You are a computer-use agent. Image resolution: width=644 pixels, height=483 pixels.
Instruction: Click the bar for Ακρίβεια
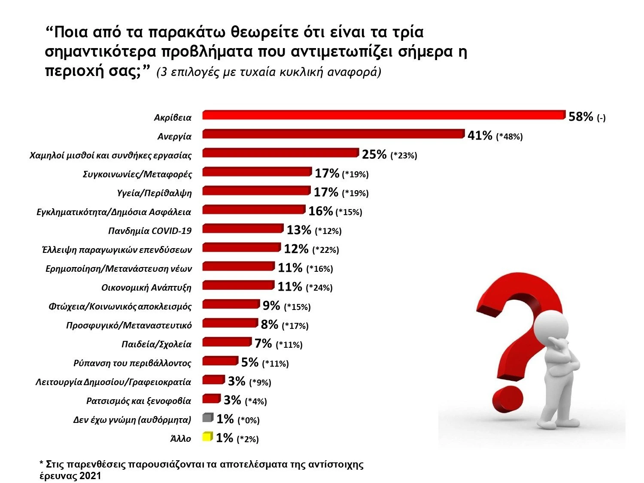(383, 115)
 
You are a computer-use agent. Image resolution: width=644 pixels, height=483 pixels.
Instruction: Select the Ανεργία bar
(333, 134)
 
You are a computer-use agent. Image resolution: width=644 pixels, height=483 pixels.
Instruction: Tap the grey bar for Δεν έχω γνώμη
(208, 418)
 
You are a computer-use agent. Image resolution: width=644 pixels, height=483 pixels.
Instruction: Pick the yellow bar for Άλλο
(207, 437)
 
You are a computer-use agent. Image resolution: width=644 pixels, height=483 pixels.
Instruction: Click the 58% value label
(580, 117)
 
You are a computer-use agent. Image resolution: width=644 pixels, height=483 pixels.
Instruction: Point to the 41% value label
(480, 136)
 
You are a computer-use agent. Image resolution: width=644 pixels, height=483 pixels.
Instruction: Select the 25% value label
(374, 155)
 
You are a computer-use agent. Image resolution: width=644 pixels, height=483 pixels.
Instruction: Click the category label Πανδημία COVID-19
(150, 231)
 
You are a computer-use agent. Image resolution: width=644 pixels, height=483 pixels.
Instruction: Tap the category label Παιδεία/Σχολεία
(156, 344)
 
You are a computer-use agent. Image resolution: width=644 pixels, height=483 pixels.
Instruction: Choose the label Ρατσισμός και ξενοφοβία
(139, 401)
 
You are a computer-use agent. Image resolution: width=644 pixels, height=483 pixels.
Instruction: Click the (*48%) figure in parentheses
(509, 137)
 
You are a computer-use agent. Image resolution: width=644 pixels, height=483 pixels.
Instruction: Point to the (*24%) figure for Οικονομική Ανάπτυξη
(319, 288)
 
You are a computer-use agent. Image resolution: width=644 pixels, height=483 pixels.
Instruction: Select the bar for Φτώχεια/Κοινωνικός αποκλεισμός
(231, 304)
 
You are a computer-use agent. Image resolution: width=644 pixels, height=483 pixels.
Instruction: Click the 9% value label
(271, 306)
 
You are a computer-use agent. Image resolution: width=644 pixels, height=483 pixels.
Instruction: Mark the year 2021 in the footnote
(90, 476)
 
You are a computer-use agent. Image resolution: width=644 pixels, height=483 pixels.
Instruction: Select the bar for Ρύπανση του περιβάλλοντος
(220, 361)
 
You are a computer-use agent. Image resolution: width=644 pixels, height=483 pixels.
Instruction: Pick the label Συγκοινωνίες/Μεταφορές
(137, 174)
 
